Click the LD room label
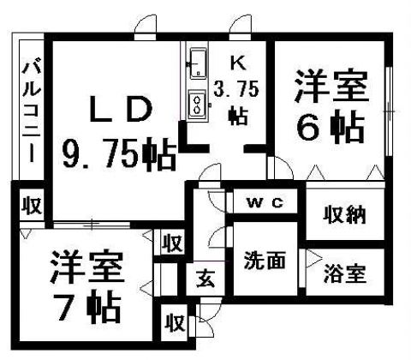click(121, 109)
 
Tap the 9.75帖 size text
click(119, 154)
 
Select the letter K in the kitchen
click(238, 63)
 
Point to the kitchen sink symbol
click(199, 63)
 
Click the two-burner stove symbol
click(197, 105)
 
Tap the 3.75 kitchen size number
click(236, 89)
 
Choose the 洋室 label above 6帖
click(331, 86)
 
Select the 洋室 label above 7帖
click(87, 267)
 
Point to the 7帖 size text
click(88, 308)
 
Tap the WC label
click(265, 203)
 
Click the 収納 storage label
click(344, 215)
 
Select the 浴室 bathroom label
click(345, 273)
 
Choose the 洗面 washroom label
click(265, 261)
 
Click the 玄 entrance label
click(205, 279)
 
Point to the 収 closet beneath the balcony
click(32, 205)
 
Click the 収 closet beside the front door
click(175, 323)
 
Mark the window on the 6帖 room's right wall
click(388, 111)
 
